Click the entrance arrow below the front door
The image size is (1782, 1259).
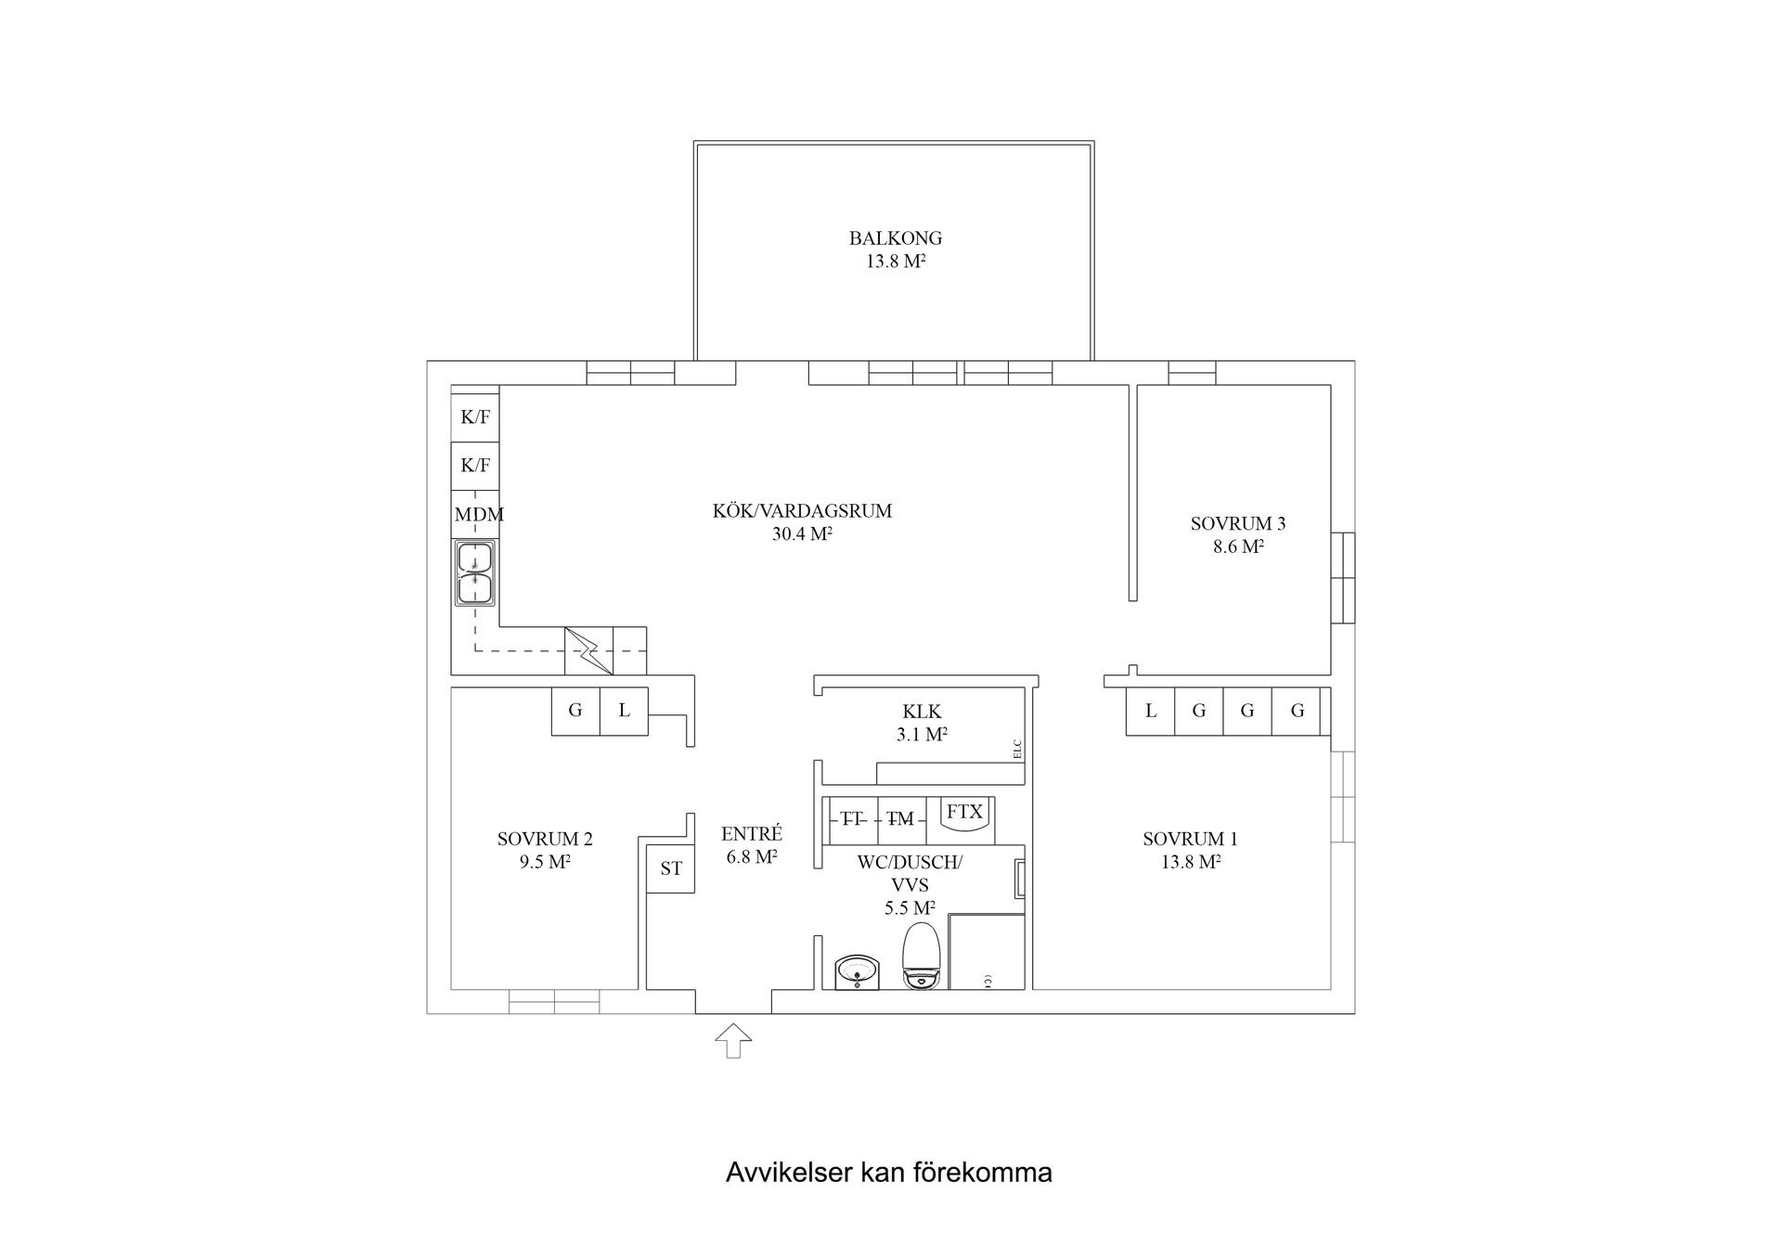tap(733, 1040)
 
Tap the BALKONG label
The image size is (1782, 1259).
tap(895, 238)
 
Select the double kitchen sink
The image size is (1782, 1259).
tap(474, 573)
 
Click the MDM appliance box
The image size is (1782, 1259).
tap(475, 514)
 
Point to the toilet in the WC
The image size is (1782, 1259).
tap(922, 956)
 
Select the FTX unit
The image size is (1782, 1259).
tap(965, 813)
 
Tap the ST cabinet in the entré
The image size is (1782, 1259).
tap(670, 869)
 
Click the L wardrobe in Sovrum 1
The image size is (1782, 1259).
tap(1150, 712)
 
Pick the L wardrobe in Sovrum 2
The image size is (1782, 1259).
tap(624, 712)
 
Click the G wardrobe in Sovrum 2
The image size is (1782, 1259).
tap(575, 712)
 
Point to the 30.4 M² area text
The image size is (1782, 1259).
tap(802, 534)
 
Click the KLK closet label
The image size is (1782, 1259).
tap(922, 712)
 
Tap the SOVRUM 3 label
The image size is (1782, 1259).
tap(1237, 523)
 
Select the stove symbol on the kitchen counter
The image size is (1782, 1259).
tap(588, 650)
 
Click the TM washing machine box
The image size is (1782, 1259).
tap(900, 819)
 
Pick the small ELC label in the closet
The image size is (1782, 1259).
tap(1017, 749)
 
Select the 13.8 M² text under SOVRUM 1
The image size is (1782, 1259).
tap(1190, 862)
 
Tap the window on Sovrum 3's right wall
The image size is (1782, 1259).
tap(1342, 577)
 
